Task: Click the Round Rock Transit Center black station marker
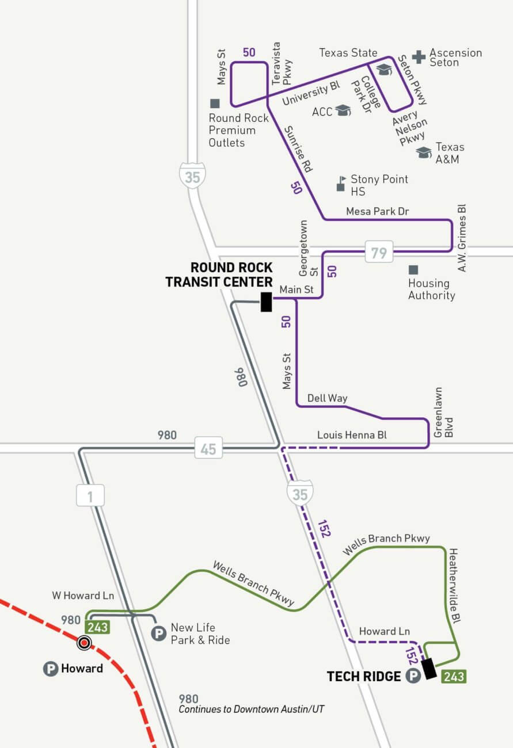coord(266,302)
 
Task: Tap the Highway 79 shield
coord(379,252)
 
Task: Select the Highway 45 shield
coord(208,448)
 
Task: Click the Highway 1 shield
coord(91,495)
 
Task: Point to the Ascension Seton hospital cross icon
coord(419,57)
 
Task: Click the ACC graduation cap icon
coord(343,110)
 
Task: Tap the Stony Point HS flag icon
coord(341,184)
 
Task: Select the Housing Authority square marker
coord(413,269)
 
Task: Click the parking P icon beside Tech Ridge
coord(413,676)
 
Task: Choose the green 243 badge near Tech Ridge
coord(454,677)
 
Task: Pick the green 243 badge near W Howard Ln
coord(97,627)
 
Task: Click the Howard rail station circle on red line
coord(85,643)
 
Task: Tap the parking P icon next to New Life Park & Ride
coord(158,634)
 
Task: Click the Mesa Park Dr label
coord(377,212)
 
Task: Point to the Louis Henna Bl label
coord(352,436)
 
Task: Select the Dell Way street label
coord(327,398)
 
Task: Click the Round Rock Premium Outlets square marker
coord(215,104)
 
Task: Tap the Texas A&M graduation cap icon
coord(424,152)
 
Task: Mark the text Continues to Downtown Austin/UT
coord(251,709)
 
